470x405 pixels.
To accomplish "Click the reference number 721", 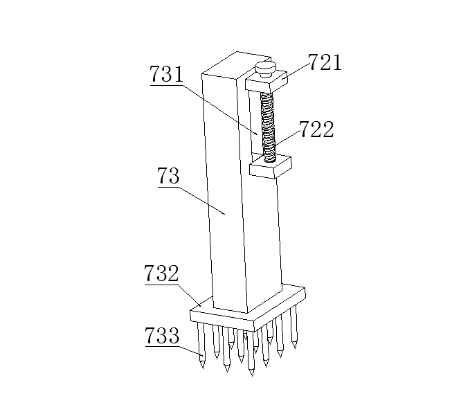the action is pyautogui.click(x=325, y=63).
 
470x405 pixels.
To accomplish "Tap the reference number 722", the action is pyautogui.click(x=316, y=129).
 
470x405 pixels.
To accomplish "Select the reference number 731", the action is pyautogui.click(x=168, y=75).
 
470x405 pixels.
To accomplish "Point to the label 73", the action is pyautogui.click(x=169, y=177).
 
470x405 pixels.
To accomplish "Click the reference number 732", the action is pyautogui.click(x=161, y=274).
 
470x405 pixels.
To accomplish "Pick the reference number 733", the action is pyautogui.click(x=161, y=337).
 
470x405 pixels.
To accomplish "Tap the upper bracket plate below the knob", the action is pyautogui.click(x=267, y=84).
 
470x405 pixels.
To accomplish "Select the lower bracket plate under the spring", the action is pyautogui.click(x=271, y=166).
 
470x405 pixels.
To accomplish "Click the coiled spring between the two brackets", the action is pyautogui.click(x=268, y=125).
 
